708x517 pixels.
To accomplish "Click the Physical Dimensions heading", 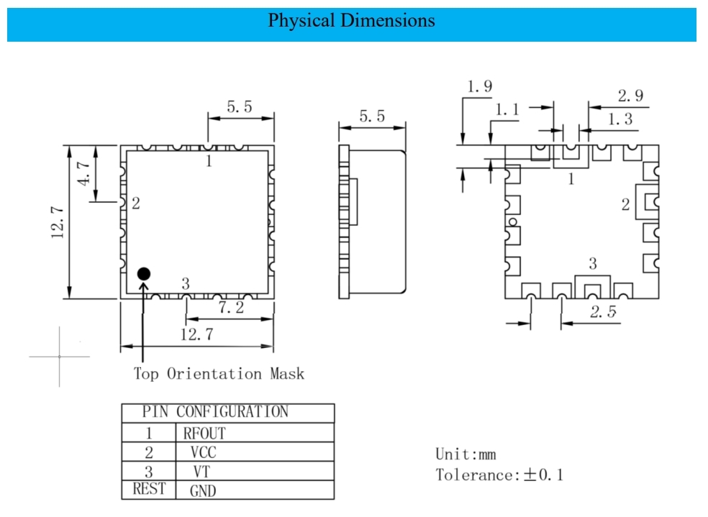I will [x=351, y=20].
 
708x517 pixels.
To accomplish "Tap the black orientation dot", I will [x=144, y=273].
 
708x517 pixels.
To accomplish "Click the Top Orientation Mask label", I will [x=219, y=374].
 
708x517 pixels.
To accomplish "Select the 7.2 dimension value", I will [x=231, y=308].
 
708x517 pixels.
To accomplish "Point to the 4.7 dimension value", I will [x=84, y=174].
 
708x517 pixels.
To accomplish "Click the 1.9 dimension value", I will [x=479, y=86].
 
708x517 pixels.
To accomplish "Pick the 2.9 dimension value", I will [x=630, y=96].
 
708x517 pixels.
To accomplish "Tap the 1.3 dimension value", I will [x=620, y=119].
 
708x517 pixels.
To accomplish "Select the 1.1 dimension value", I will [x=507, y=110].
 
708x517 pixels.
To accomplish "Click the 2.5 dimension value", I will [x=602, y=312].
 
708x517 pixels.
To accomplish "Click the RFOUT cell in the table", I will [x=204, y=434].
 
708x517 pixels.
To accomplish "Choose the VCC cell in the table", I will [x=203, y=452].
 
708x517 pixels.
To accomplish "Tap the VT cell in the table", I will [x=203, y=472].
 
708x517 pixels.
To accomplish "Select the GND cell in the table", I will [x=203, y=491].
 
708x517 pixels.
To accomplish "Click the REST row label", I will [x=149, y=490].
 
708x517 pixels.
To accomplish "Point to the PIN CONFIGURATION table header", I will [x=215, y=412].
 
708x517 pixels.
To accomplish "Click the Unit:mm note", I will [x=466, y=454].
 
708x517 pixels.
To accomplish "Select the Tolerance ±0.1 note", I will [x=499, y=475].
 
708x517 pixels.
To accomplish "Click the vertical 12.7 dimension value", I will [x=58, y=222].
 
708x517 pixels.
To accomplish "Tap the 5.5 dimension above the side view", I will [x=371, y=116].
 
